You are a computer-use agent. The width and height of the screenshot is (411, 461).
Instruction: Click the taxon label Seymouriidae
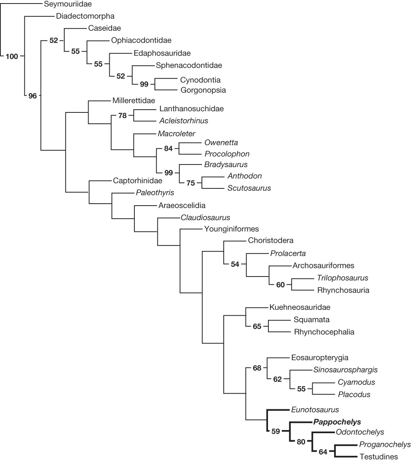click(65, 5)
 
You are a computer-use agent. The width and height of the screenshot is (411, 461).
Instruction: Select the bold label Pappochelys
click(337, 422)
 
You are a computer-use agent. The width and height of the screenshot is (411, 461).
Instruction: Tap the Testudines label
click(378, 456)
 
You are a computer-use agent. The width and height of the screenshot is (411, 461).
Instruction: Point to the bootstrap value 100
click(12, 56)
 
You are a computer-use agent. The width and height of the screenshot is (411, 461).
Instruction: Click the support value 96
click(32, 95)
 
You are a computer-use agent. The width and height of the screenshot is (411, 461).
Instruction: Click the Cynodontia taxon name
click(201, 80)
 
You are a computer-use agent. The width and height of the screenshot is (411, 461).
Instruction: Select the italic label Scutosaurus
click(249, 188)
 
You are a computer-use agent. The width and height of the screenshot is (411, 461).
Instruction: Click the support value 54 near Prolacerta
click(235, 264)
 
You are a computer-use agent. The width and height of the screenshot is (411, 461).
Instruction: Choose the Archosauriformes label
click(323, 266)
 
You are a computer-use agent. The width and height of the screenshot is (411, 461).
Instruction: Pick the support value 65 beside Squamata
click(257, 326)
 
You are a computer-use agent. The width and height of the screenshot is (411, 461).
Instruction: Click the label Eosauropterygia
click(320, 357)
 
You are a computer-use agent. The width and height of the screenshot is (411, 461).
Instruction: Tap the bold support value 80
click(301, 442)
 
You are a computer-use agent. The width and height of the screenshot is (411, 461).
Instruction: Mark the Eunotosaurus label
click(315, 410)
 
